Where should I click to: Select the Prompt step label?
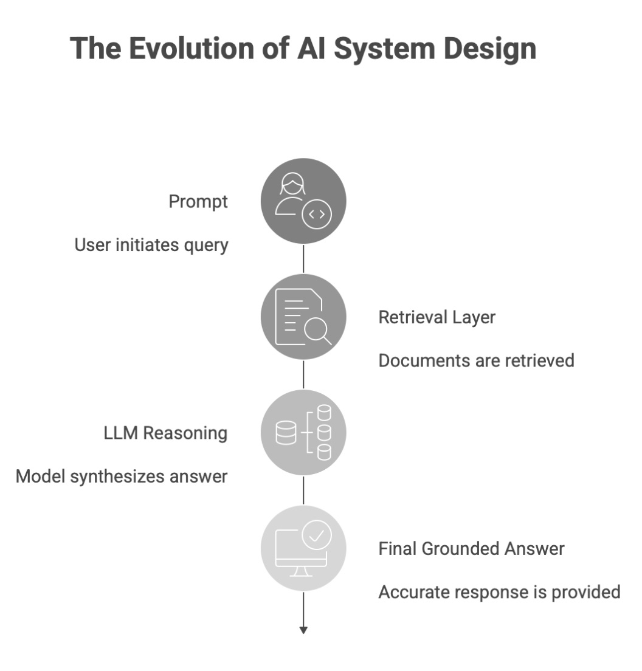198,202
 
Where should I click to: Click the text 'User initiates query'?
151,245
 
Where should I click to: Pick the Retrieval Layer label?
437,317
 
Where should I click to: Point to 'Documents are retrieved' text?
476,360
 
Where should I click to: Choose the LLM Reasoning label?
165,433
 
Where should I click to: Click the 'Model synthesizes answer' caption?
122,476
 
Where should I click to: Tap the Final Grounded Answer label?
471,549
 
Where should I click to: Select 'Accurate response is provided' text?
499,591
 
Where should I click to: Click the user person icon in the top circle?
291,193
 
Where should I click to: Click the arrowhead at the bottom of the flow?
303,630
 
